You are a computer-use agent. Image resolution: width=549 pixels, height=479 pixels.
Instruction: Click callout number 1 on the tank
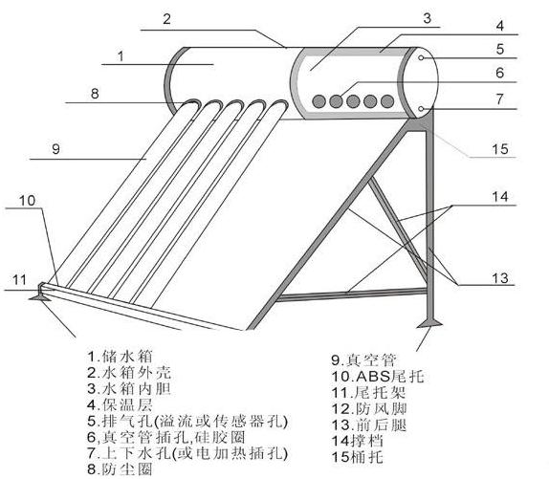(121, 56)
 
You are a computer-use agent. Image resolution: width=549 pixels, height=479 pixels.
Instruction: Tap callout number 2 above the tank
(166, 19)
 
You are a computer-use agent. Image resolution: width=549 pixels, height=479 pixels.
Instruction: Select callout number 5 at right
(500, 49)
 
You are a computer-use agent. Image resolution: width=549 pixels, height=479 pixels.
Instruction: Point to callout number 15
(500, 149)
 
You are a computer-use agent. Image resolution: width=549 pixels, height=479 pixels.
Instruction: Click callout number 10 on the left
(28, 201)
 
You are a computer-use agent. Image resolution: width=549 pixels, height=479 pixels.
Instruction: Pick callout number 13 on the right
(500, 278)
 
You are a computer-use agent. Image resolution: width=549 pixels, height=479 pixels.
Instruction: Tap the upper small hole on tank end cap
(422, 57)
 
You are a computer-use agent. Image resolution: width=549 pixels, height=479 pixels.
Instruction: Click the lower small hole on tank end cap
(421, 109)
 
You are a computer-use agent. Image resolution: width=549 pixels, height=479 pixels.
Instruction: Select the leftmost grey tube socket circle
(318, 101)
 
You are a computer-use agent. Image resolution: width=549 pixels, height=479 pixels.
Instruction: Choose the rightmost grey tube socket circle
(387, 101)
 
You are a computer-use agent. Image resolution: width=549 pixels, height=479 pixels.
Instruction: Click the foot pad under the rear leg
(429, 324)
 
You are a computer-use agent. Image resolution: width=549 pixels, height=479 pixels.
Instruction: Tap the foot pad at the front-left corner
(40, 297)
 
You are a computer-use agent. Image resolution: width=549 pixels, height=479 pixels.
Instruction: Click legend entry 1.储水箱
(120, 357)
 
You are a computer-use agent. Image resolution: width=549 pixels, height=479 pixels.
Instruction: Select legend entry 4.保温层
(120, 404)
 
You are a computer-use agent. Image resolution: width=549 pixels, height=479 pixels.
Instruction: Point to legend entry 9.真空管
(364, 359)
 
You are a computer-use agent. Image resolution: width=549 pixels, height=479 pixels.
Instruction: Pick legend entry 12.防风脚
(369, 408)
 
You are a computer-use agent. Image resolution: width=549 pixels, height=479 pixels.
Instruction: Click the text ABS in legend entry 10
(373, 376)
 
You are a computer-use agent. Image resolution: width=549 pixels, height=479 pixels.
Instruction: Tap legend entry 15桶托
(357, 457)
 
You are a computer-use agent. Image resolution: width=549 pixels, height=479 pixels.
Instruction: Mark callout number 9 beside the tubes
(56, 149)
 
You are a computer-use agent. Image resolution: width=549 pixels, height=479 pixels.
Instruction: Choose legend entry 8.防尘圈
(120, 469)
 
